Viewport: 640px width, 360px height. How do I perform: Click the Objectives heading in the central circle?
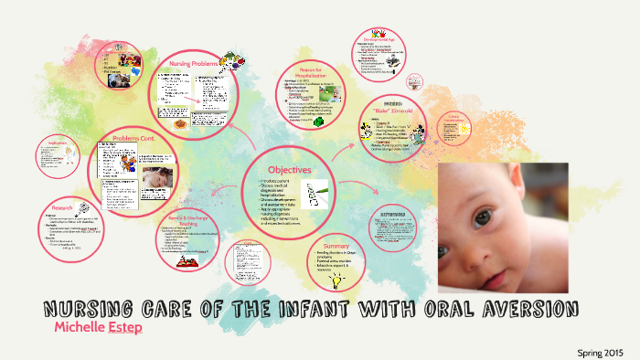click(289, 170)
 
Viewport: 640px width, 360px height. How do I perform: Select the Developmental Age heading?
click(381, 40)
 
